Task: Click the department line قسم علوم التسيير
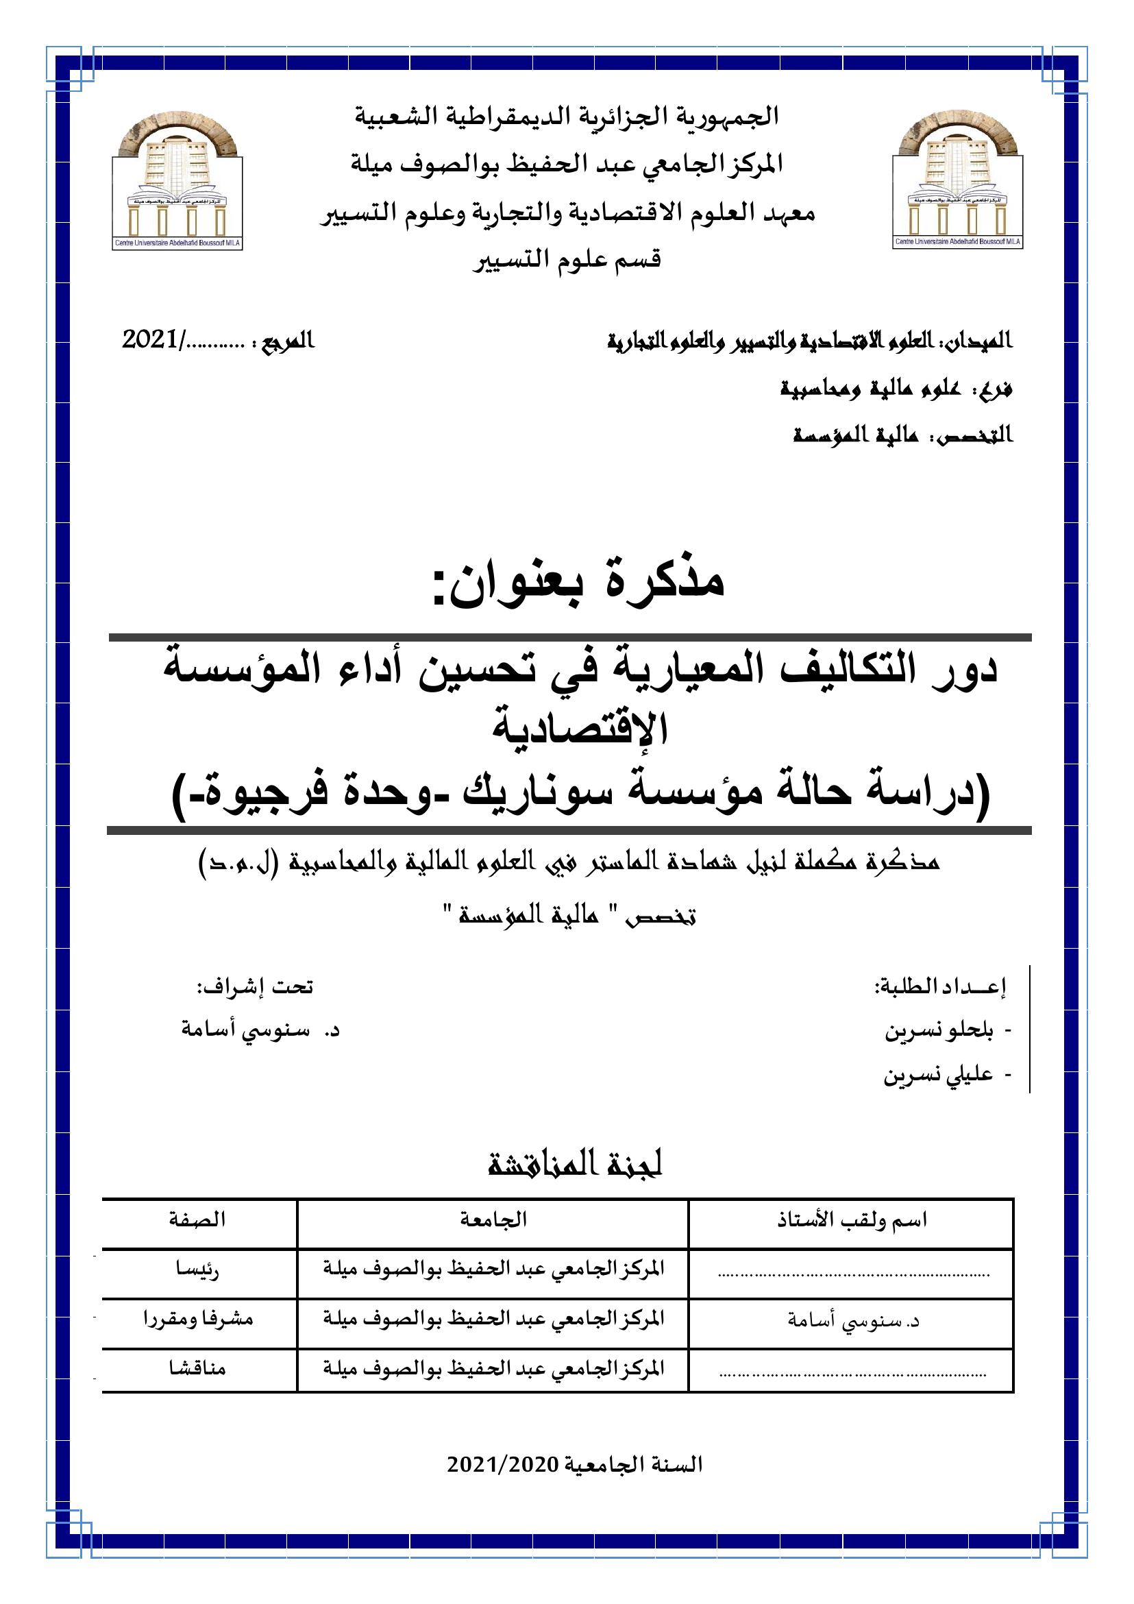pos(567,260)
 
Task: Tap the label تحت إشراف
pos(254,987)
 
